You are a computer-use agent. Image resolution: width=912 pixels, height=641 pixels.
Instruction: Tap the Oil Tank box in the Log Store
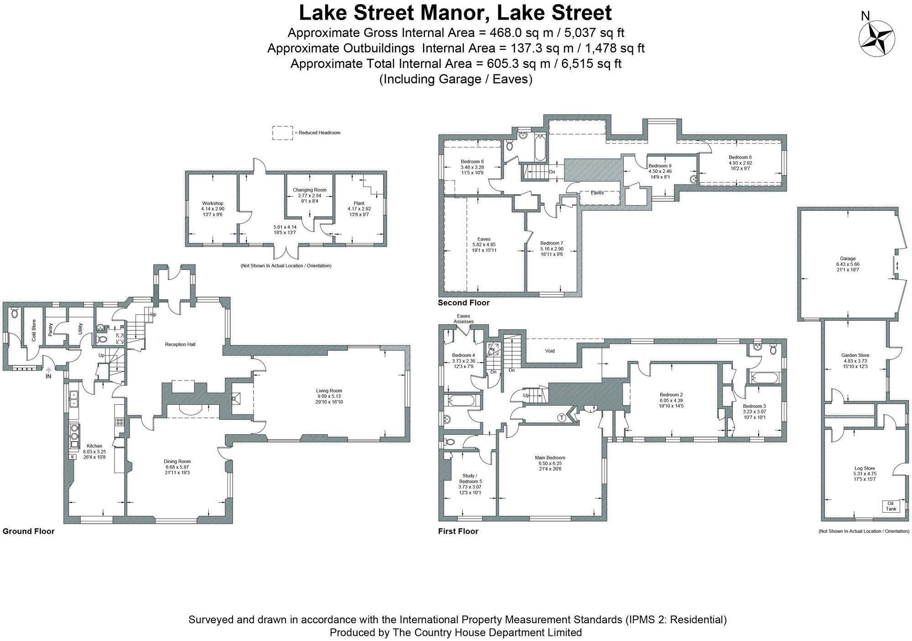point(891,506)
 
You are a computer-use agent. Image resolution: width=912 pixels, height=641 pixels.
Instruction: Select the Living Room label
point(329,391)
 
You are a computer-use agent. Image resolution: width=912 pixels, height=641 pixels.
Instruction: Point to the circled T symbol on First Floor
point(562,417)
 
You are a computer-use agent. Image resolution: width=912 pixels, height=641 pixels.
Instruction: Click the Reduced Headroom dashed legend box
point(283,133)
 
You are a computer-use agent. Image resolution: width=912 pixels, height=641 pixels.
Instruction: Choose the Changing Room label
point(310,190)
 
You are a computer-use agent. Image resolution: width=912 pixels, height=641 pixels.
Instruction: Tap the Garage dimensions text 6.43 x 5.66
point(848,264)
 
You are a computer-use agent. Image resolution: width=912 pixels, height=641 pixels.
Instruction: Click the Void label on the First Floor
point(550,351)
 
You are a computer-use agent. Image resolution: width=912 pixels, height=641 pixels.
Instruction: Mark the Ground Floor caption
point(28,531)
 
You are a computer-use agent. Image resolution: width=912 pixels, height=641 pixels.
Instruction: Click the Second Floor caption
point(463,302)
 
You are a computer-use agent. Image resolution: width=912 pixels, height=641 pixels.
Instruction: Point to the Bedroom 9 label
point(660,166)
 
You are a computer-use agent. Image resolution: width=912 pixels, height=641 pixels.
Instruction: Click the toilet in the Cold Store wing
point(14,313)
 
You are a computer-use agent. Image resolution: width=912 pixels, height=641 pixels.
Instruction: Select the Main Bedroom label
point(550,458)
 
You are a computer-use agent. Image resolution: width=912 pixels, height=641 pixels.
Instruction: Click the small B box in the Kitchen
point(72,457)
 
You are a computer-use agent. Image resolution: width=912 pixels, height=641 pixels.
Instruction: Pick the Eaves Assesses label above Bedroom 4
point(463,318)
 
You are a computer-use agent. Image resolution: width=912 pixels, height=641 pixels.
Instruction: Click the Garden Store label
point(855,355)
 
